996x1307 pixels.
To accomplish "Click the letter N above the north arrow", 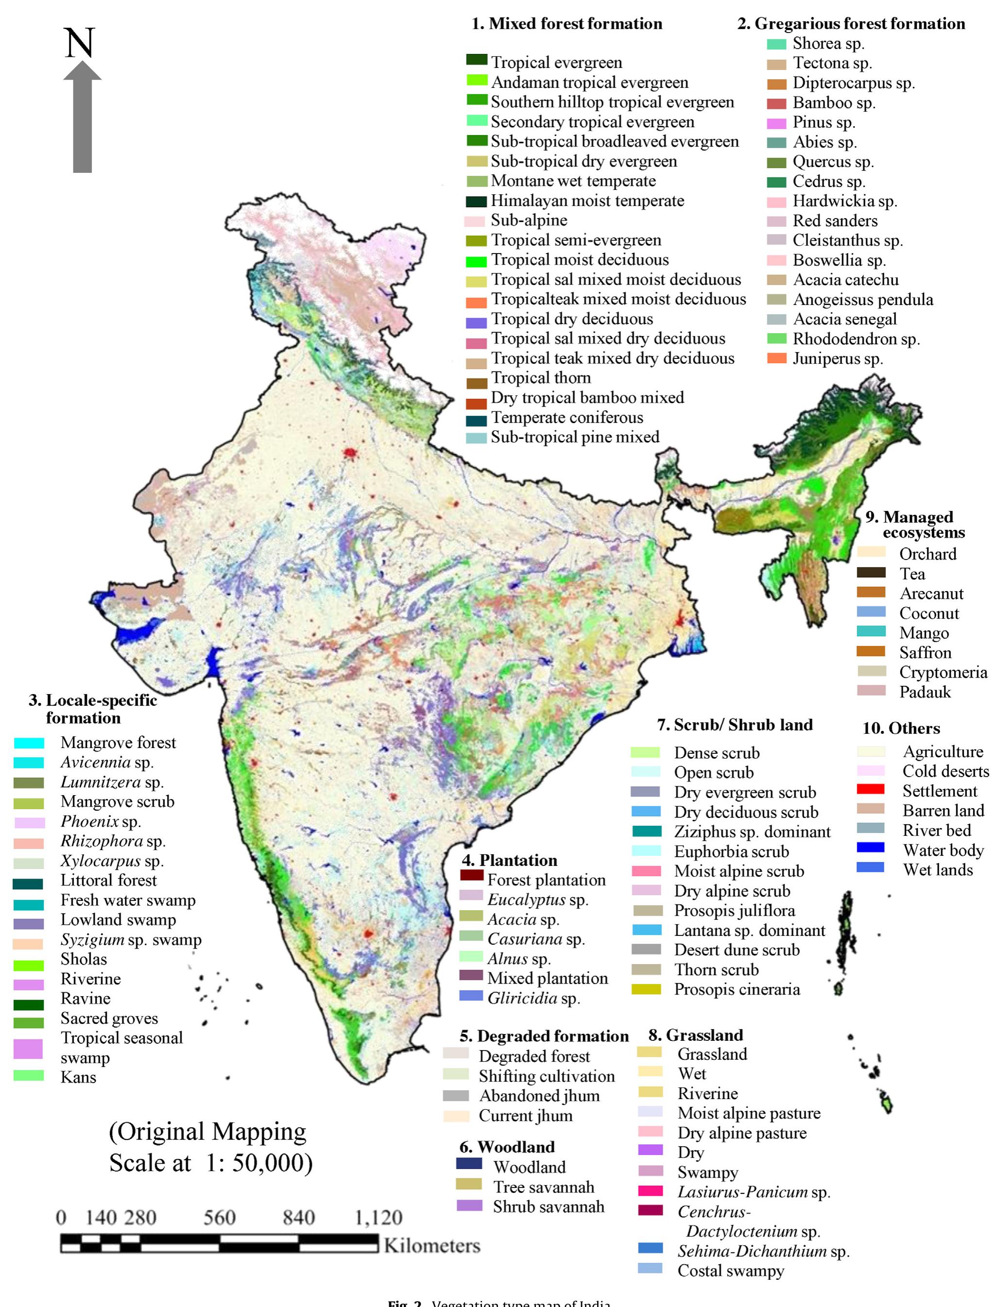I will (80, 43).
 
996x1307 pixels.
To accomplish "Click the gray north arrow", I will (83, 119).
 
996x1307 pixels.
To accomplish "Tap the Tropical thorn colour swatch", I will (477, 384).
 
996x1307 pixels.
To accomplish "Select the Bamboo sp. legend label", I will (834, 103).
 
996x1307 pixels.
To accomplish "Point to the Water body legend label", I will (943, 850).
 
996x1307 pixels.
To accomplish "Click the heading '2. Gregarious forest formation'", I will (851, 24).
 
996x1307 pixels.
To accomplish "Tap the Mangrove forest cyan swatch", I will (29, 743).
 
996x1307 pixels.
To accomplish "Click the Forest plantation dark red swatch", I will (472, 875).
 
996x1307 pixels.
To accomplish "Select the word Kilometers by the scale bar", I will (431, 1245).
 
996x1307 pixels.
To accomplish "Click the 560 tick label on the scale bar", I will (219, 1218).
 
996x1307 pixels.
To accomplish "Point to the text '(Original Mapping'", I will (207, 1132).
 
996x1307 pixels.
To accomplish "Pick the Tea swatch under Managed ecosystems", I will (871, 573).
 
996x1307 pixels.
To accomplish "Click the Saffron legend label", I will (925, 653).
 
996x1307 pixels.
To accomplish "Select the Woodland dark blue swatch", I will (468, 1163).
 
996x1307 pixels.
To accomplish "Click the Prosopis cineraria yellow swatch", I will (646, 989).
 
